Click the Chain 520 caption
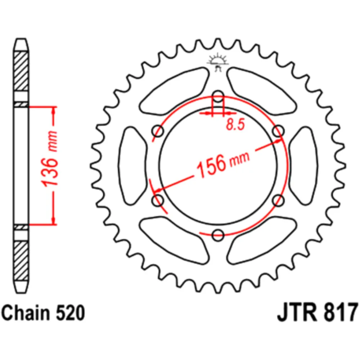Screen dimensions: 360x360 (x=44, y=313)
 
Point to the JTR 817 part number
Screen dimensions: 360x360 (x=317, y=313)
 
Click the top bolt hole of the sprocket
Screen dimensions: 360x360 (x=218, y=96)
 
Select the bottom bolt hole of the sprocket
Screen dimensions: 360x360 (x=218, y=235)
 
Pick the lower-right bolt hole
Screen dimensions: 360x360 (x=278, y=201)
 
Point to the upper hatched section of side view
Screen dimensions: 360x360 (x=21, y=71)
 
